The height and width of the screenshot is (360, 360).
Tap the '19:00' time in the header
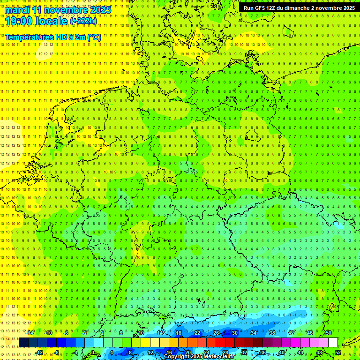point(17,21)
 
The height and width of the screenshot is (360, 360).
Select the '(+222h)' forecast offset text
point(83,21)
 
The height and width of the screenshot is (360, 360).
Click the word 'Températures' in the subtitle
point(30,37)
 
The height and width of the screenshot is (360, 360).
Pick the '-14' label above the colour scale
point(31,333)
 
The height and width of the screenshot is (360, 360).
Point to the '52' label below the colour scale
point(338,352)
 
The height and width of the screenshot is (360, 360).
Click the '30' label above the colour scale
point(235,333)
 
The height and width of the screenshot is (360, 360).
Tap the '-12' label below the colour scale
point(39,352)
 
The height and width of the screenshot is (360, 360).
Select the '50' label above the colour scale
point(329,333)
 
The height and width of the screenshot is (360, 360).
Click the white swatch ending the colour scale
point(333,343)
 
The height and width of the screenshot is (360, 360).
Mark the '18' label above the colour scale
point(179,333)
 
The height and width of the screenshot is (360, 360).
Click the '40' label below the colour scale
point(281,352)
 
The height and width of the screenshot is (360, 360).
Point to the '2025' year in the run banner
point(348,8)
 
